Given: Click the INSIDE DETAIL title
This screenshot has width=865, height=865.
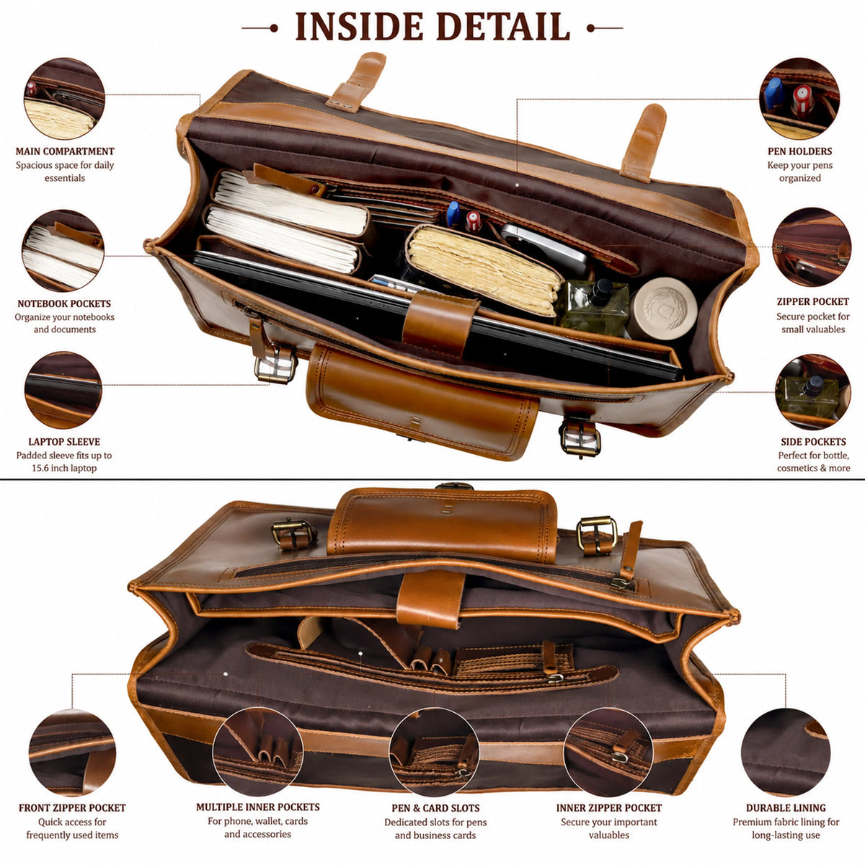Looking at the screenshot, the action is [432, 27].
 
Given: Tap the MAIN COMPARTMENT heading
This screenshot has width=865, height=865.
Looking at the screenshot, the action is [65, 151].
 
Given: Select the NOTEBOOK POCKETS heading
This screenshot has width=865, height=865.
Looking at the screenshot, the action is [64, 303].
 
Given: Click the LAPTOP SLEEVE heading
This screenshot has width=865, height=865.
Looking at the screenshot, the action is [64, 442].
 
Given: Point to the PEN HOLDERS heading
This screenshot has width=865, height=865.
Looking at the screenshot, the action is [800, 151].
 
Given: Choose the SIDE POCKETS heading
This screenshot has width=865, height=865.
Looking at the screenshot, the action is [813, 442].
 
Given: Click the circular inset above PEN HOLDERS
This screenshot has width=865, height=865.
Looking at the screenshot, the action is [799, 98].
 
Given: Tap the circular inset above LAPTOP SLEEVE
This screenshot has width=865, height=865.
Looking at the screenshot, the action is [63, 390].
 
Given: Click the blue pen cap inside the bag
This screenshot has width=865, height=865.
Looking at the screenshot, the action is [453, 213].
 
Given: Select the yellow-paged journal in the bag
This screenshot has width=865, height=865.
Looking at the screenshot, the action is [484, 269].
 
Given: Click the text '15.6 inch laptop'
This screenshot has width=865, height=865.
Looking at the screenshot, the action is [64, 468].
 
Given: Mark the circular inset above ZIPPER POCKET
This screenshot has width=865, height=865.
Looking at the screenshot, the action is [812, 247].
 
